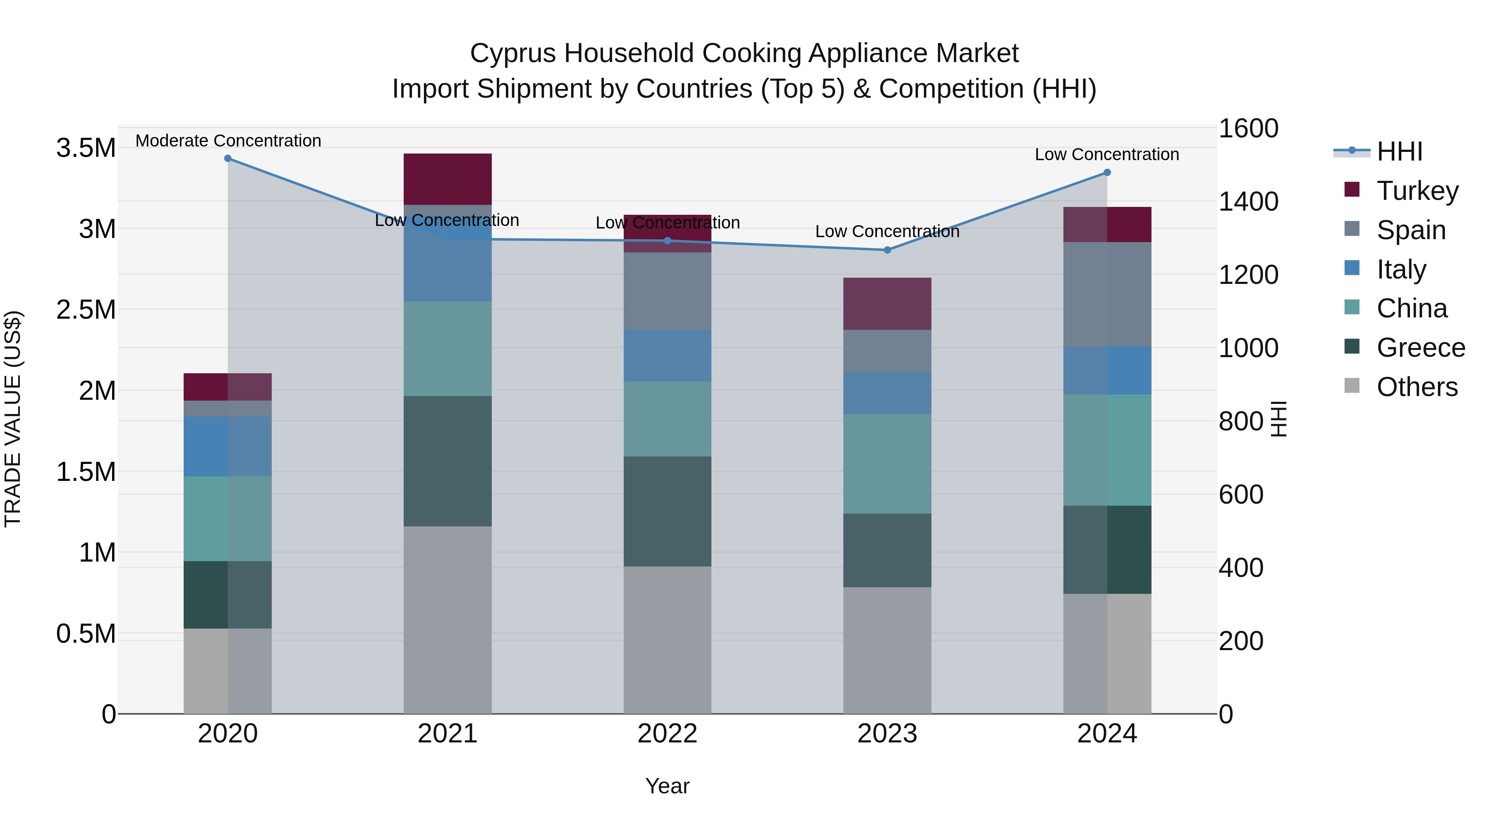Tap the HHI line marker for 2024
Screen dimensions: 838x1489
1107,172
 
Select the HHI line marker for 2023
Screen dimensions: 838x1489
887,250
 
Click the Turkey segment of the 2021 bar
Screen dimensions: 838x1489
448,179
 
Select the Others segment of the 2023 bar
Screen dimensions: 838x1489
887,650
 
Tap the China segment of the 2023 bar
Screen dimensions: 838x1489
887,464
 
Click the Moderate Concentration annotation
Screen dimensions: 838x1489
228,141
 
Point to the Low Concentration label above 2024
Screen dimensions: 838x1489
1106,154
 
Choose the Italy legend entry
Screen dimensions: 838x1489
1401,269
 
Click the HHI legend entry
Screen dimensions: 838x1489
1399,151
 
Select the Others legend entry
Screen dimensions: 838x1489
1417,387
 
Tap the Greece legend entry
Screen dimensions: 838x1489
1420,348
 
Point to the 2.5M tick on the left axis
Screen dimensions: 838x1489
86,310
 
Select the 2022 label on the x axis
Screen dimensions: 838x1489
667,734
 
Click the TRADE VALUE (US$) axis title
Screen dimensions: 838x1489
13,419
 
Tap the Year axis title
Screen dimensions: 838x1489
667,786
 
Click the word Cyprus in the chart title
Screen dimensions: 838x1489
513,53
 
